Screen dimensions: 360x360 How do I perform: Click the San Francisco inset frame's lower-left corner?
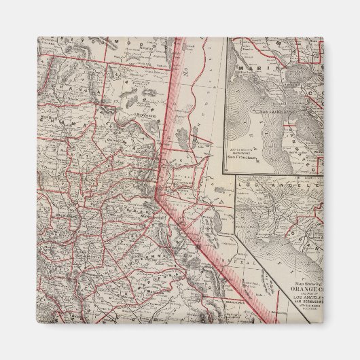coord(227,170)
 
